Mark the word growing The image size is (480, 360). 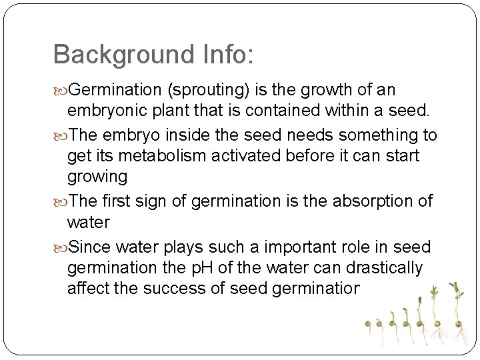(x=97, y=176)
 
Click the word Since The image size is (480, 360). (x=89, y=247)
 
